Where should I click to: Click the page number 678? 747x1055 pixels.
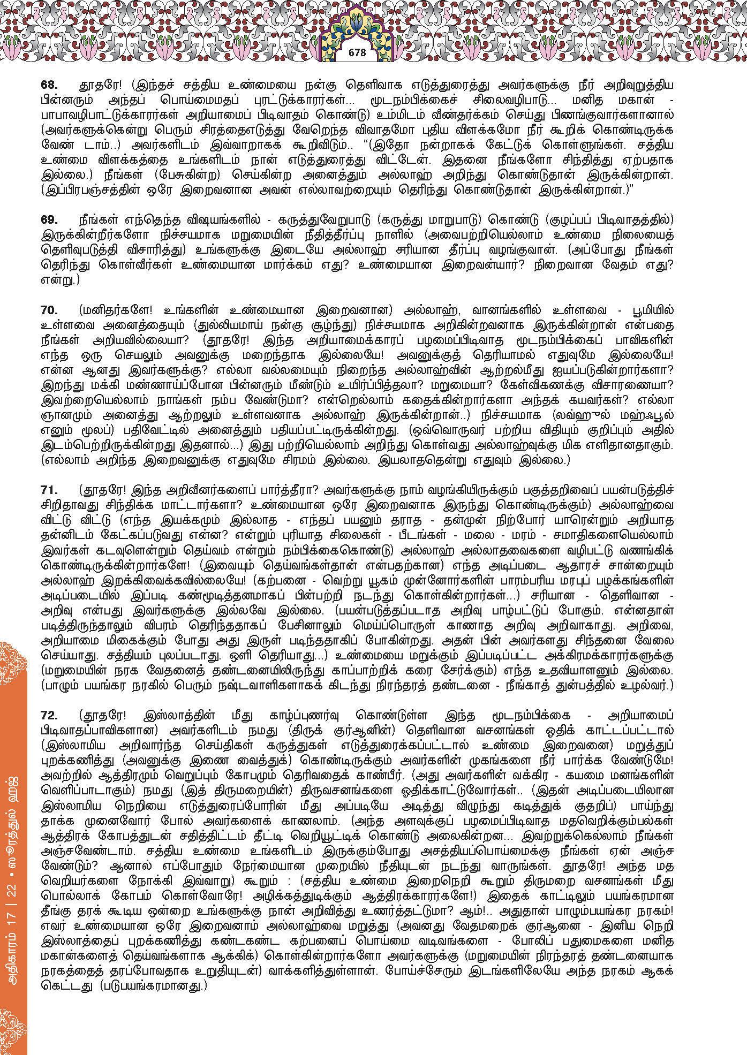click(357, 52)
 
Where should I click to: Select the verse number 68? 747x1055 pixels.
click(49, 85)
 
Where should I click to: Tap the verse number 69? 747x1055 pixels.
click(49, 220)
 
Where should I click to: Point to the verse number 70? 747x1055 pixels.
click(49, 310)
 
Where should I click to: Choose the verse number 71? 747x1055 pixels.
click(49, 490)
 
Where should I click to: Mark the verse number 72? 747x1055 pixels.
click(49, 716)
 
